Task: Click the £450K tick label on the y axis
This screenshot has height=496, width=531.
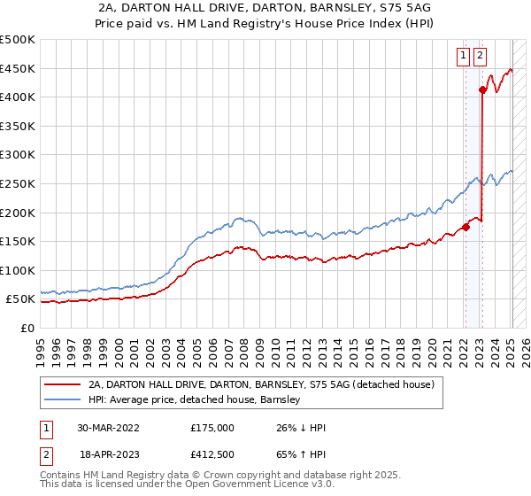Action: point(18,68)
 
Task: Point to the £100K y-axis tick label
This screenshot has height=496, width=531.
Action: point(18,270)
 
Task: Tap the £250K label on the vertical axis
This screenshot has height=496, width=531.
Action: point(18,183)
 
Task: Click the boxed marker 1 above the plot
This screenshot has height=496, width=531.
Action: point(463,56)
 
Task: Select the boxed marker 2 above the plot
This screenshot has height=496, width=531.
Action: point(480,56)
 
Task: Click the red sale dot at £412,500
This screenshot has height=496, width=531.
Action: point(482,89)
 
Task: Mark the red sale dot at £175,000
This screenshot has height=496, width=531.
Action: point(466,227)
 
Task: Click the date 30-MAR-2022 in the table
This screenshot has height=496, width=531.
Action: point(108,428)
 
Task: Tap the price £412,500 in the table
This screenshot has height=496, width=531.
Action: point(212,454)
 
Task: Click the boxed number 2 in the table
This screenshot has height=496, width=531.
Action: point(44,454)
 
